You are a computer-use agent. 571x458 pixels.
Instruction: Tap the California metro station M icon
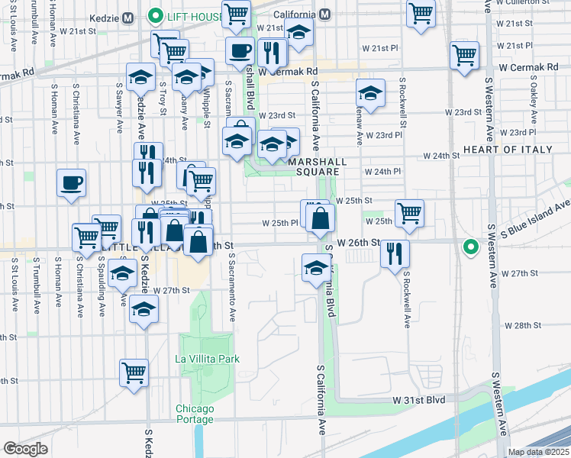(x=325, y=15)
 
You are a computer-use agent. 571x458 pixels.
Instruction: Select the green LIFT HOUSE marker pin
(x=154, y=15)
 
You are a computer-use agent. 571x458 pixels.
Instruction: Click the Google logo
(x=25, y=449)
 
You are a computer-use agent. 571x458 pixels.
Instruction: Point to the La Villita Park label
(x=207, y=359)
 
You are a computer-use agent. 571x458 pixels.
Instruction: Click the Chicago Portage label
(x=194, y=414)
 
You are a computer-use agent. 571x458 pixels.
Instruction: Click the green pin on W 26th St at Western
(x=471, y=247)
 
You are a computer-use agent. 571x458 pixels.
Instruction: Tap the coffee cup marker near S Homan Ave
(x=71, y=183)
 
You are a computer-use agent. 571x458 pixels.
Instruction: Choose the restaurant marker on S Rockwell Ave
(x=395, y=253)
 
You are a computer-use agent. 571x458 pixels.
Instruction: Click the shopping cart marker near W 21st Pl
(x=464, y=56)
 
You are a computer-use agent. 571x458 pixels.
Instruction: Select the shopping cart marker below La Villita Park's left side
(x=134, y=373)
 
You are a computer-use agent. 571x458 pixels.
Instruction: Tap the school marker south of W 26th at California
(x=315, y=268)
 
